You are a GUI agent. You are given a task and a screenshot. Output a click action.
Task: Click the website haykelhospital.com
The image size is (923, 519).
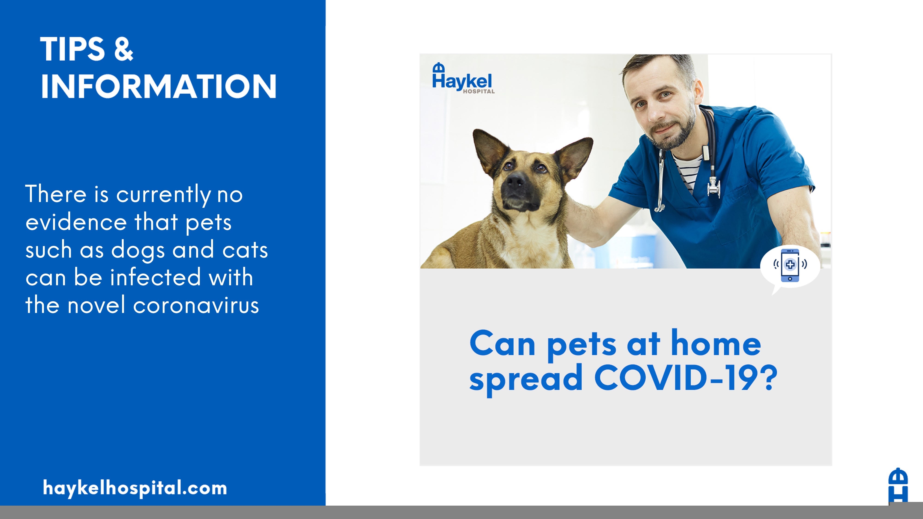tap(135, 488)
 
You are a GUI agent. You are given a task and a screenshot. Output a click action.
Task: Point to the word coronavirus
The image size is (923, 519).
tap(196, 306)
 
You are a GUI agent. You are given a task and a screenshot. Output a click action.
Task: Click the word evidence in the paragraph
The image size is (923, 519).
tap(76, 222)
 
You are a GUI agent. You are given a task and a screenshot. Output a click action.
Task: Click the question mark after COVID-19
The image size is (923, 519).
tap(768, 378)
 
